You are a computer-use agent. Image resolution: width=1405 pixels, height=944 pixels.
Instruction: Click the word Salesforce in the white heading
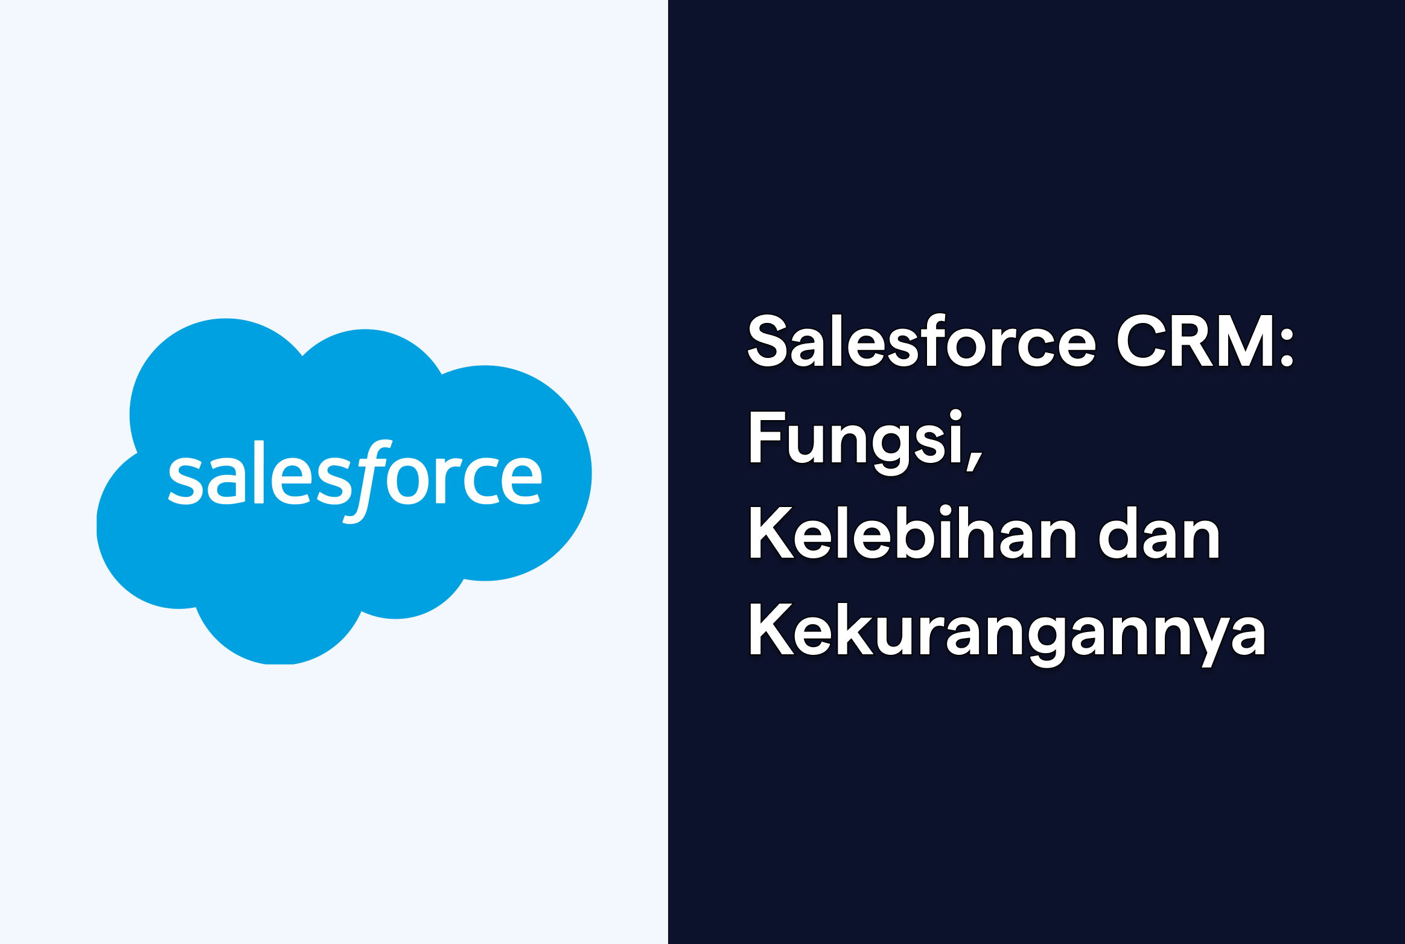click(x=922, y=342)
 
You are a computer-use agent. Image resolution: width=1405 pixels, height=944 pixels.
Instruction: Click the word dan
click(x=1159, y=534)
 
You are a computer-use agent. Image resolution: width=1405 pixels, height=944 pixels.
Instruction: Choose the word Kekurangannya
click(x=1007, y=631)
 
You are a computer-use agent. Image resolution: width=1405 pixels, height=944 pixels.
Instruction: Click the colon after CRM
click(x=1287, y=348)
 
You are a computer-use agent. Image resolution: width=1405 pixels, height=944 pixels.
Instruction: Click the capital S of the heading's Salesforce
click(x=767, y=342)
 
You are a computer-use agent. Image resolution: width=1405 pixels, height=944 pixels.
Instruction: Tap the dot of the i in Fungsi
click(x=955, y=415)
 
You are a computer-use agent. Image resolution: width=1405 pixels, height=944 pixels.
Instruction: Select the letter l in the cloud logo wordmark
click(x=259, y=471)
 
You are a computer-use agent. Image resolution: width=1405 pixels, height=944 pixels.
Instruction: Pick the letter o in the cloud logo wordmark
click(x=407, y=481)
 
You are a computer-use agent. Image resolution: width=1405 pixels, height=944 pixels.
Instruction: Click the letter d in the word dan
click(x=1117, y=534)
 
